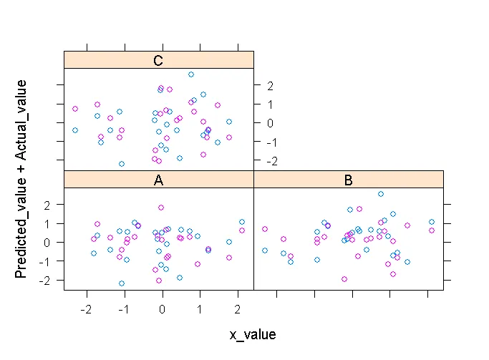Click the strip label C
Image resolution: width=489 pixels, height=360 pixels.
[158, 60]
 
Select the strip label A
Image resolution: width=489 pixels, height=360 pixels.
[158, 180]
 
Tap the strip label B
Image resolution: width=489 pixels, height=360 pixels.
[348, 180]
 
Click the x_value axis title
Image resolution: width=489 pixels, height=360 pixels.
[253, 334]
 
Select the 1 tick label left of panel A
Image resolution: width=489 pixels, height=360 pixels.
[49, 223]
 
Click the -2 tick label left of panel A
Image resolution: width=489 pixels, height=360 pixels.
[48, 280]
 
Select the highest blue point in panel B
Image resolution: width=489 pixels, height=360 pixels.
[381, 194]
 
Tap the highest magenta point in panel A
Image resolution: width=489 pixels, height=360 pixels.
[161, 208]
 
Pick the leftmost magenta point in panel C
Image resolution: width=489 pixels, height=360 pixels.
[75, 109]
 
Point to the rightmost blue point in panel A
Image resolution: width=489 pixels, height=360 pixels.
[242, 222]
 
